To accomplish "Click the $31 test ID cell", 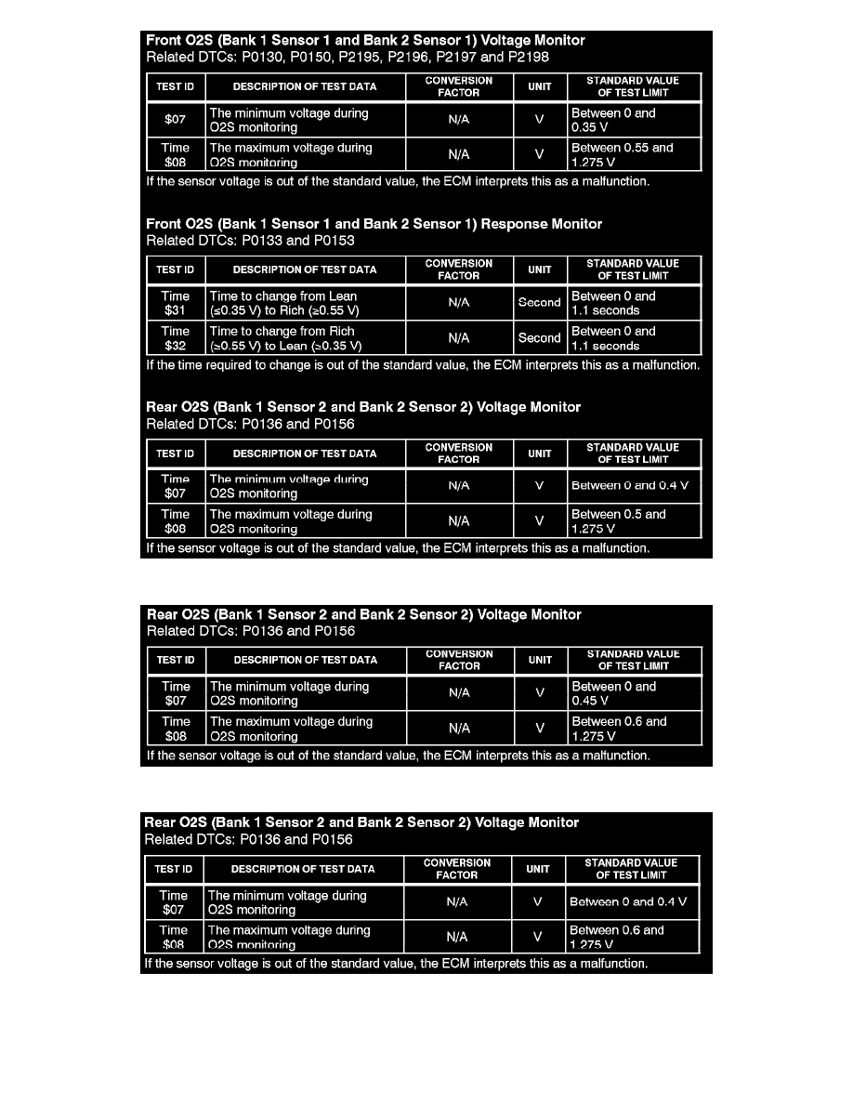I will tap(176, 304).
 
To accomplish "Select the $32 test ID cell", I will tap(176, 338).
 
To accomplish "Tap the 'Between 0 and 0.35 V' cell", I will tap(634, 121).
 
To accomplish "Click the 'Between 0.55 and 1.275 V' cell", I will tap(634, 155).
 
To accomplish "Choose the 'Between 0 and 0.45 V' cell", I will tap(634, 694).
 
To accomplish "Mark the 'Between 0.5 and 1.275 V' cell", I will tap(634, 521).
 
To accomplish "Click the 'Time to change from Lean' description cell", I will tap(306, 304).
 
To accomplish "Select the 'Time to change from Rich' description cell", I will tap(306, 338).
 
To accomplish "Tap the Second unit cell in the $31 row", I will tap(540, 303).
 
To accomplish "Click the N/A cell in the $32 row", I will tap(459, 338).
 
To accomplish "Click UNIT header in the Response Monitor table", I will tap(540, 269).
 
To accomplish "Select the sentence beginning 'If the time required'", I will tap(423, 365).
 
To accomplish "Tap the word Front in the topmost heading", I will tap(164, 41).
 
